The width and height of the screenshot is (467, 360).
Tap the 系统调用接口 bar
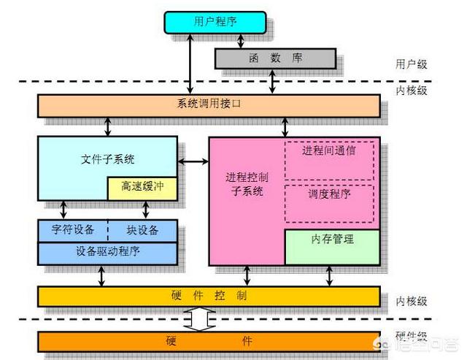point(209,104)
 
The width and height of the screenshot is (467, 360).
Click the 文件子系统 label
point(108,158)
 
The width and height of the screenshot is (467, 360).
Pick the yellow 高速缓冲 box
point(142,188)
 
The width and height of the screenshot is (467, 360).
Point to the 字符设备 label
point(73,229)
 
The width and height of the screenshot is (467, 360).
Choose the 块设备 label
point(142,229)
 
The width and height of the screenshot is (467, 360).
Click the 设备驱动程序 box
point(108,252)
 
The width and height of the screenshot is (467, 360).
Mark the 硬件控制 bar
point(209,296)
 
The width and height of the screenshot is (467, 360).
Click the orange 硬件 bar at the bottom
point(209,341)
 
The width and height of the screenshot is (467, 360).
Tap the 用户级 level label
point(411,64)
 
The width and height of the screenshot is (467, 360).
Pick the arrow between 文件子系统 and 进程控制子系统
point(193,160)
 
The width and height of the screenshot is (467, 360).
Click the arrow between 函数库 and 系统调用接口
point(273,81)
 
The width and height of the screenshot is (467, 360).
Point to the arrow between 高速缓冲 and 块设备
point(146,210)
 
